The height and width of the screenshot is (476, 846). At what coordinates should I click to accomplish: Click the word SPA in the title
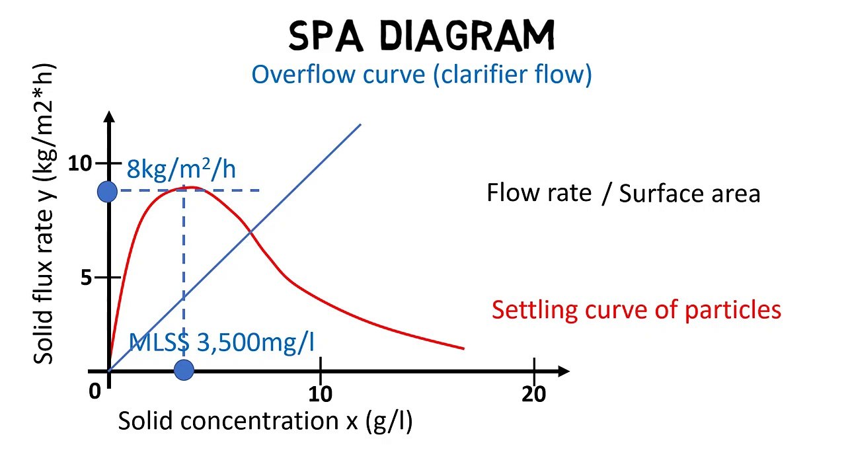tap(326, 36)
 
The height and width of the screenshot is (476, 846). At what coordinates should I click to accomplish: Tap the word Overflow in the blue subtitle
tap(303, 74)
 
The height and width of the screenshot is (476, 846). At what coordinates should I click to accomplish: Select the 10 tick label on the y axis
tap(80, 163)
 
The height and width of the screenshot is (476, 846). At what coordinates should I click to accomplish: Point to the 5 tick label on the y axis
tap(87, 278)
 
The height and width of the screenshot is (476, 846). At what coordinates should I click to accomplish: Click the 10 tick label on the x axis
tap(321, 394)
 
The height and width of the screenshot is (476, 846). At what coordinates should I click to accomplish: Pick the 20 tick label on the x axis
tap(534, 394)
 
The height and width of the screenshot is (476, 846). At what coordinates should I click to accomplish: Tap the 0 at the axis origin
tap(95, 391)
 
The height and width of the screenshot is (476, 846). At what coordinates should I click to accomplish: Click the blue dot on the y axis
tap(107, 192)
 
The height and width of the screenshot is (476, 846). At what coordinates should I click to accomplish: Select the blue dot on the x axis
tap(184, 370)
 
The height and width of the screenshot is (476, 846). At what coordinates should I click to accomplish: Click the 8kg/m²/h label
tap(181, 170)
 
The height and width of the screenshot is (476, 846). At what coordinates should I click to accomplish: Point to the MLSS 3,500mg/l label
tap(221, 342)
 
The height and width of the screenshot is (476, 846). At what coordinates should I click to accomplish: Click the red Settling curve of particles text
tap(636, 309)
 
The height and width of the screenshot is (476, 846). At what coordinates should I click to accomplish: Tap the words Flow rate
tap(539, 192)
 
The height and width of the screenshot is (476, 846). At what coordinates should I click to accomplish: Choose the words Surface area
tap(689, 194)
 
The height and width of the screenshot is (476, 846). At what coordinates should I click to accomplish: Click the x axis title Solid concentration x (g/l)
tap(265, 421)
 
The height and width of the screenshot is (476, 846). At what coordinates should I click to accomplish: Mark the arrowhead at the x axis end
tap(563, 371)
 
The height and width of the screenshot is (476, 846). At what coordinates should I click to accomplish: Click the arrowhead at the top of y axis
tap(110, 117)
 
